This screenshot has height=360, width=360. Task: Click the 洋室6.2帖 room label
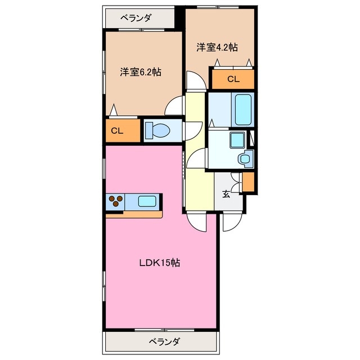click(x=140, y=72)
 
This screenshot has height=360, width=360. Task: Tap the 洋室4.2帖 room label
click(x=217, y=47)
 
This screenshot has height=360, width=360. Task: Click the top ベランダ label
click(x=135, y=18)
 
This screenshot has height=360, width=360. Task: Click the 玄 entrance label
click(x=226, y=195)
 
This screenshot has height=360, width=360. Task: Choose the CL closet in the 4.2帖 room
click(x=233, y=79)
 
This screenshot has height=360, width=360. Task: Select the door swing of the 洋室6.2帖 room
click(x=176, y=105)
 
